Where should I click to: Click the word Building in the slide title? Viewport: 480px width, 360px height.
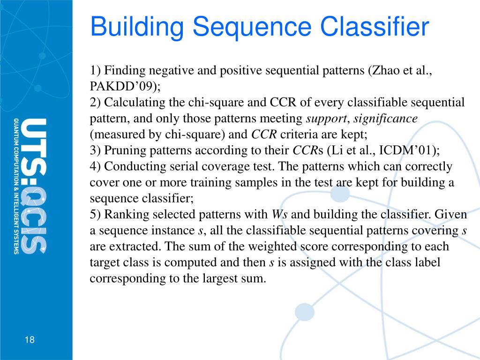pyautogui.click(x=136, y=27)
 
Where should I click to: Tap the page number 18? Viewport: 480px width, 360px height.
pyautogui.click(x=30, y=340)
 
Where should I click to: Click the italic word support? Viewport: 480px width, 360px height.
pyautogui.click(x=326, y=119)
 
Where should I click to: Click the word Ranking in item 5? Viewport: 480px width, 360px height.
pyautogui.click(x=124, y=214)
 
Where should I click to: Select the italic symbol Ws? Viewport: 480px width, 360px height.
pyautogui.click(x=279, y=214)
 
